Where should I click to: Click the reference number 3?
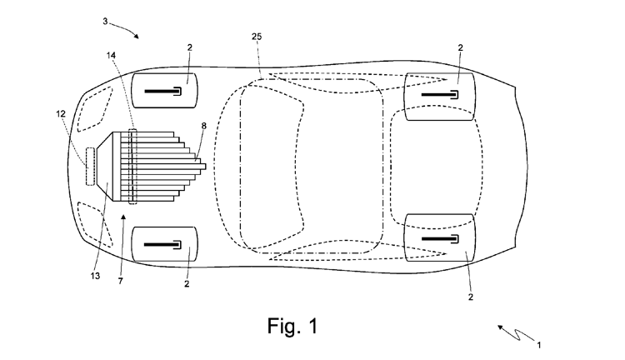pos(105,21)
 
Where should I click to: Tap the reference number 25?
pos(257,37)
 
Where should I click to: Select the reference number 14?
pos(111,55)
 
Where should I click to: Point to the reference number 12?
pos(61,114)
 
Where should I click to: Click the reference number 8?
pos(203,126)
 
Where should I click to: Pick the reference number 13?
pos(95,276)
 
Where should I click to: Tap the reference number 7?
pos(120,282)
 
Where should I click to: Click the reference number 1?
pos(539,345)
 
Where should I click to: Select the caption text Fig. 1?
pos(292,326)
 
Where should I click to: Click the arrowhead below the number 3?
pos(137,37)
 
